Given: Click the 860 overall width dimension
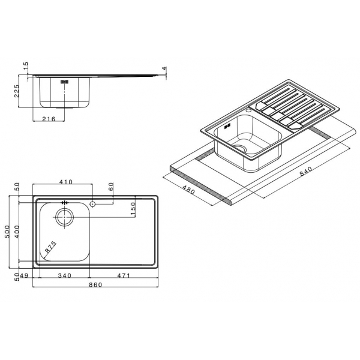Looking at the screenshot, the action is [x=95, y=284].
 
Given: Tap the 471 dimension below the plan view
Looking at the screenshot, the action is [x=124, y=275].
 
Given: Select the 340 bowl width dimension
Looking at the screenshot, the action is [x=65, y=275].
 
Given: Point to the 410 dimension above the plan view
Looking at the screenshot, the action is [x=66, y=182].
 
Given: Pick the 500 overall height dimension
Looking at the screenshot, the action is [x=8, y=232].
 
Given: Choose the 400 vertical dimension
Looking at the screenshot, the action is [x=17, y=232].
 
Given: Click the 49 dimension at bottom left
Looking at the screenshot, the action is [x=24, y=275].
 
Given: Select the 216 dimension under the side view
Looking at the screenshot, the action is [x=49, y=119].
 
